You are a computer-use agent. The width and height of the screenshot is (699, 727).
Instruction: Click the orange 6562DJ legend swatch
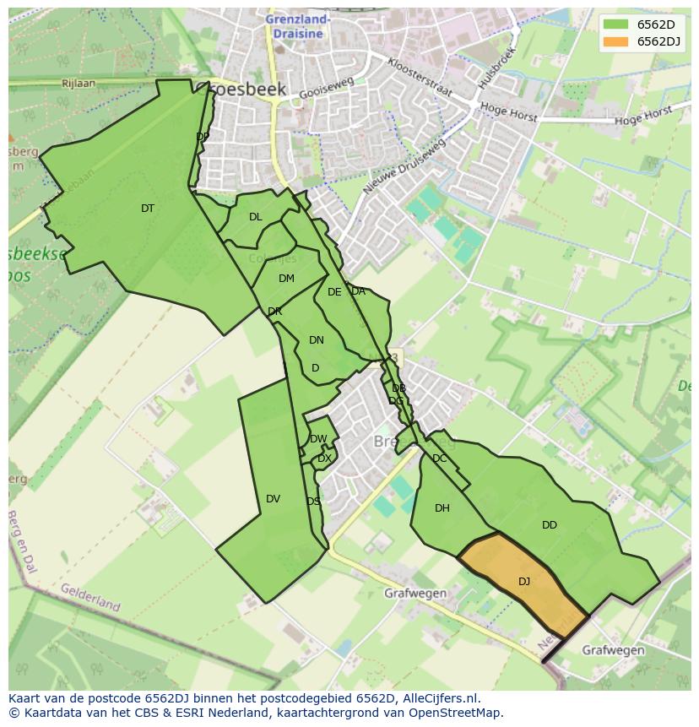pyautogui.click(x=617, y=42)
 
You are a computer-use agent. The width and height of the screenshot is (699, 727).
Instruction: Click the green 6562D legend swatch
pyautogui.click(x=617, y=24)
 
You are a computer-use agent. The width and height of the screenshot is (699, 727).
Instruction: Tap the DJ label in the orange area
pyautogui.click(x=524, y=581)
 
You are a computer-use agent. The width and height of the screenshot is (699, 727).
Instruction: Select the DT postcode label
pyautogui.click(x=148, y=209)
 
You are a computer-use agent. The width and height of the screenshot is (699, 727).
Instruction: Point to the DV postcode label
pyautogui.click(x=273, y=499)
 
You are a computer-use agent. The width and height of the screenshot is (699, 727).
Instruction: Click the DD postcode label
pyautogui.click(x=550, y=525)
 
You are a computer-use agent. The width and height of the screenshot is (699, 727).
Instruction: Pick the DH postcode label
pyautogui.click(x=442, y=508)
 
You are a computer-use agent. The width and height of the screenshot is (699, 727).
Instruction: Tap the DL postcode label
pyautogui.click(x=256, y=217)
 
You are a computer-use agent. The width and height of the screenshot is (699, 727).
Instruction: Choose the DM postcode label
pyautogui.click(x=286, y=279)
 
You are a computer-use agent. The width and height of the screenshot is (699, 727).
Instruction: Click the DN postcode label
pyautogui.click(x=317, y=340)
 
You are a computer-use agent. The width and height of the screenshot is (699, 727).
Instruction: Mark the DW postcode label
pyautogui.click(x=318, y=439)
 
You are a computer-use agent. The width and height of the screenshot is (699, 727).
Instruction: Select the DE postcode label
pyautogui.click(x=334, y=292)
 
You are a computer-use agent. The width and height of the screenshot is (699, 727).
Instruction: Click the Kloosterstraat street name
pyautogui.click(x=420, y=77)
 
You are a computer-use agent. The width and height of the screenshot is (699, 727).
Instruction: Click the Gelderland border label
pyautogui.click(x=89, y=596)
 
